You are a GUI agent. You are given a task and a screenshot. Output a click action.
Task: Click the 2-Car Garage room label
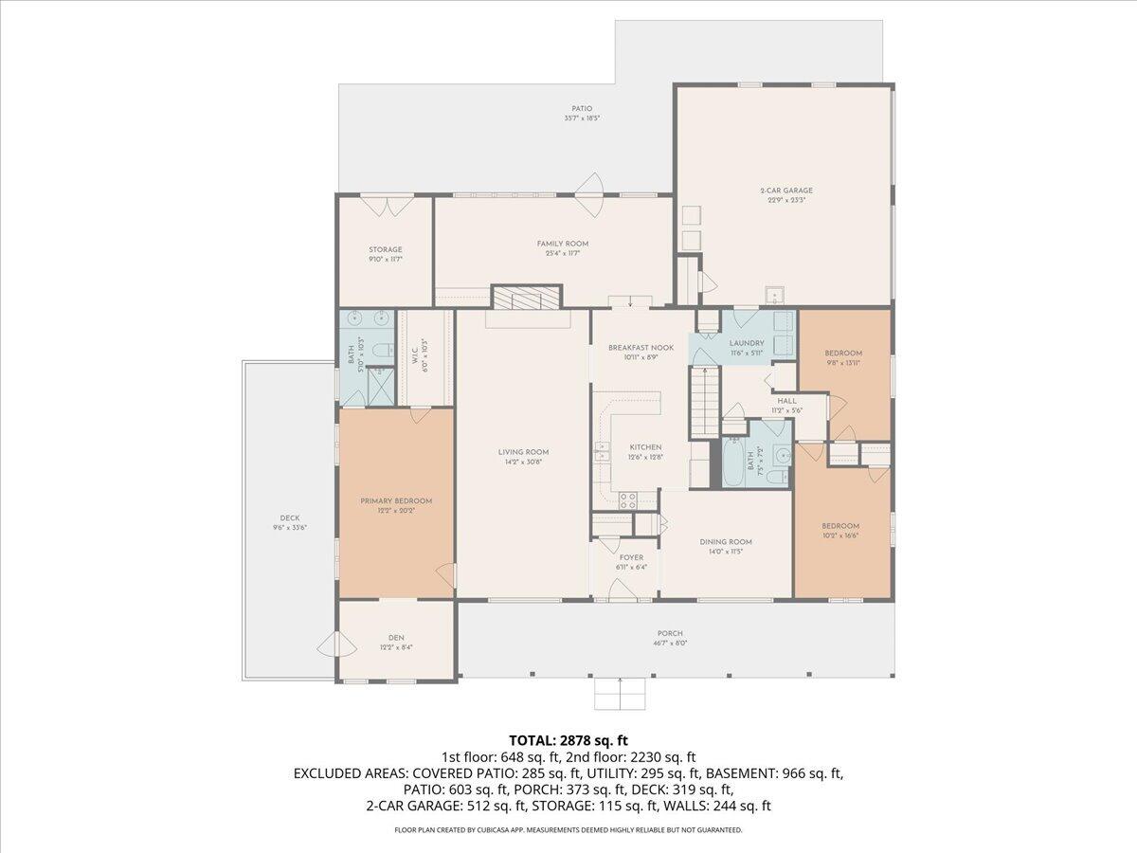(x=785, y=191)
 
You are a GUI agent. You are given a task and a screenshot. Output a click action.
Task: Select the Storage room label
(x=386, y=250)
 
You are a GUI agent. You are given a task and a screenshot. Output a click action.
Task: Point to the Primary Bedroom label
(x=395, y=500)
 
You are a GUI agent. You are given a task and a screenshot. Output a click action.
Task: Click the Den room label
(x=395, y=638)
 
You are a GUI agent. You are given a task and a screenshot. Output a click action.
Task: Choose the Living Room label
(x=523, y=452)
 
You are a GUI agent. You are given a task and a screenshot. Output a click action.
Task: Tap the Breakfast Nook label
(x=641, y=348)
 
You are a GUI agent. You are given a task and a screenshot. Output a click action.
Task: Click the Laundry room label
(x=746, y=343)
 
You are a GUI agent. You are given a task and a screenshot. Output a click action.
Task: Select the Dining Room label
(x=726, y=542)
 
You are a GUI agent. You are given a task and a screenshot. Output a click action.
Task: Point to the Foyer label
(x=631, y=557)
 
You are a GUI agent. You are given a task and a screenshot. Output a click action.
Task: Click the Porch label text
(x=670, y=634)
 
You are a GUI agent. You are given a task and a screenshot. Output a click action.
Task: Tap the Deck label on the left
(x=289, y=517)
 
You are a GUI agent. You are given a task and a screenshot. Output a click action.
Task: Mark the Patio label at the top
(x=581, y=109)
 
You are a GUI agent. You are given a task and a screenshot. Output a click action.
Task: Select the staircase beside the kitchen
(x=702, y=403)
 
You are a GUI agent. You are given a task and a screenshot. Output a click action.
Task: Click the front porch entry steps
(x=620, y=695)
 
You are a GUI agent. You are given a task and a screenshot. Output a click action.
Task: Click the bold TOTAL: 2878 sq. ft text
(x=568, y=739)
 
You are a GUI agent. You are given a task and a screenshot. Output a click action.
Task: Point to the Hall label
(x=787, y=401)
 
